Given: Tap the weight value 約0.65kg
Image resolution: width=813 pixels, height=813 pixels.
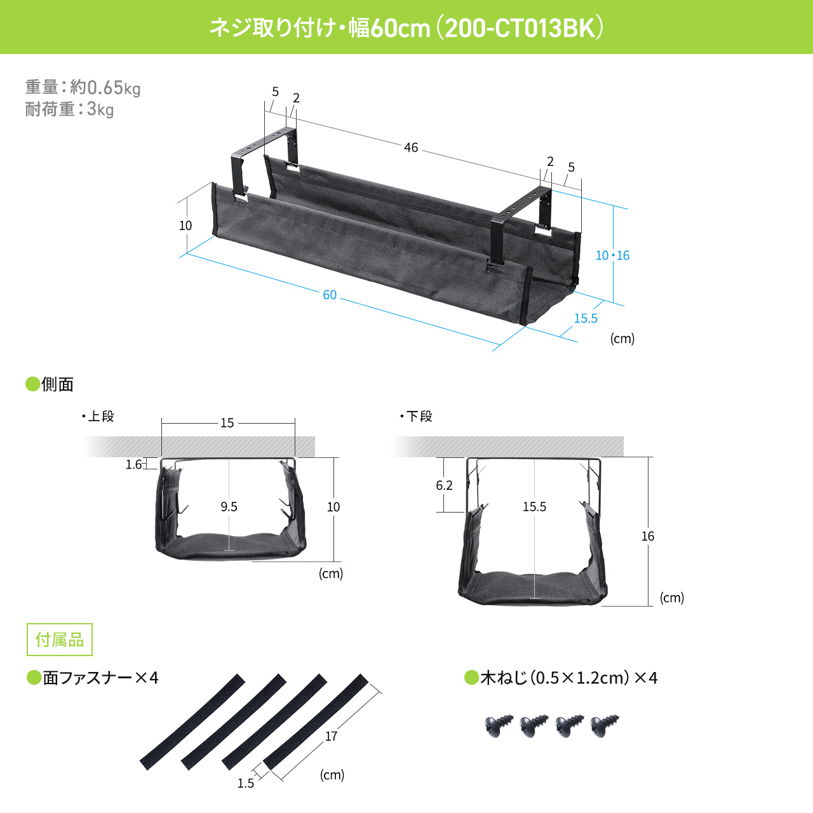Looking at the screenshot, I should (105, 87).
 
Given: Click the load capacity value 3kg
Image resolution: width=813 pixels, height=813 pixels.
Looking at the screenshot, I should (100, 109).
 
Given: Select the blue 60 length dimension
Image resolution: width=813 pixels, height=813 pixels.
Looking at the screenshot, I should (330, 295).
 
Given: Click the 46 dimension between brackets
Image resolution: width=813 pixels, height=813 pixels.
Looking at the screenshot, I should (411, 147).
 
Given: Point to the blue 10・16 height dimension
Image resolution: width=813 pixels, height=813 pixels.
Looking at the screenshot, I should (612, 255).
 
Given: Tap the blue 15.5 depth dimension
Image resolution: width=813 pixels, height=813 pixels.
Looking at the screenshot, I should (586, 318).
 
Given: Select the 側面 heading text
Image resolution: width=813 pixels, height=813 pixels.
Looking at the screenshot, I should (57, 384).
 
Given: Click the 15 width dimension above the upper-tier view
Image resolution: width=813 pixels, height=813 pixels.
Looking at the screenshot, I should (227, 423).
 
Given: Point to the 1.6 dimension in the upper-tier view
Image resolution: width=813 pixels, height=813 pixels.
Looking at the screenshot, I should (133, 464).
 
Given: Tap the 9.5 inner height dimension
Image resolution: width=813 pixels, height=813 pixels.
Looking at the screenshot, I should (229, 507).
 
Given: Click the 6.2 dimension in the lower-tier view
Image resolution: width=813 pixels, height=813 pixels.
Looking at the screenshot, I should (444, 485).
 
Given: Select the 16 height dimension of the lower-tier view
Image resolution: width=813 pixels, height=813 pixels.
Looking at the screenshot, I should (647, 536).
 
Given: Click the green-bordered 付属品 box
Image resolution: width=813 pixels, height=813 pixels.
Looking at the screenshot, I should (60, 640).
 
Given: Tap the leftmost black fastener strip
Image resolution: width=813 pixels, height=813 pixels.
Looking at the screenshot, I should (192, 722).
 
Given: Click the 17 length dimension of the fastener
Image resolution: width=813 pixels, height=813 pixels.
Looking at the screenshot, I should (331, 736).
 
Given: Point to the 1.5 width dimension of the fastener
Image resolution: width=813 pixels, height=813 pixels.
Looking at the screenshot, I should (245, 783).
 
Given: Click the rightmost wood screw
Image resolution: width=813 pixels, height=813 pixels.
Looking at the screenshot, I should (604, 725).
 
